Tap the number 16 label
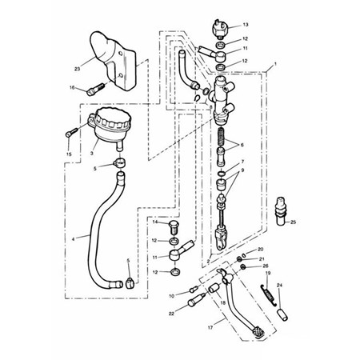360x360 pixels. [x=72, y=88]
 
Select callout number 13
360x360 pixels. [x=245, y=25]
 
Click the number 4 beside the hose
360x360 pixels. [x=74, y=238]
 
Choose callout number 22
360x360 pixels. [x=171, y=314]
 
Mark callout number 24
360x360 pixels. [x=279, y=286]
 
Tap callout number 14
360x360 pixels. [x=156, y=222]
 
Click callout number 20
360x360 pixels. [x=261, y=250]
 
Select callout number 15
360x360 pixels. [x=69, y=152]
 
